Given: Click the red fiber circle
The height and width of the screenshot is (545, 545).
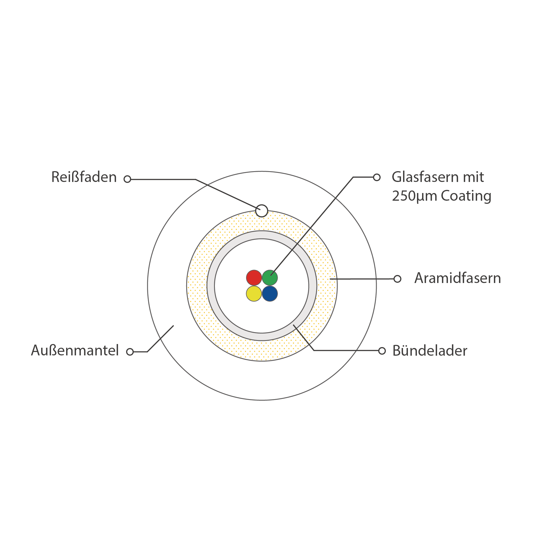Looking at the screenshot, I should click(x=254, y=278).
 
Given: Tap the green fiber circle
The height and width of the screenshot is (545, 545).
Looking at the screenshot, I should click(x=270, y=278).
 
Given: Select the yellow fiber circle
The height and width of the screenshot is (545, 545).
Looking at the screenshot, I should click(x=254, y=294).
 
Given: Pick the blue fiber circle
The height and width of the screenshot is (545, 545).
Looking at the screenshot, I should click(x=270, y=294).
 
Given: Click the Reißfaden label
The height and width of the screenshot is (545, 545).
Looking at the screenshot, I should click(x=84, y=177).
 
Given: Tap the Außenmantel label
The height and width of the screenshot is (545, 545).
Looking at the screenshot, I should click(x=75, y=350).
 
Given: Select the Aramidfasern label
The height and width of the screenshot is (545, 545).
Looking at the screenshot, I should click(x=458, y=278).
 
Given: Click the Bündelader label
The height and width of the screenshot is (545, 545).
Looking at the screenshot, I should click(x=430, y=351).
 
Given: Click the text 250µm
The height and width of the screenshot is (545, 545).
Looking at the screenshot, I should click(x=414, y=196).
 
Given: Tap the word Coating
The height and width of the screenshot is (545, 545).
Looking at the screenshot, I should click(x=466, y=196).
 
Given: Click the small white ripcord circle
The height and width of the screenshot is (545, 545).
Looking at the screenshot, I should click(x=261, y=211).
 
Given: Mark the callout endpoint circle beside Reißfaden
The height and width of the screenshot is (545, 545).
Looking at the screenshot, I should click(x=127, y=179).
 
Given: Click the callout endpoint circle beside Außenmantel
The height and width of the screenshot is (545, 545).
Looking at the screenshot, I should click(x=130, y=352).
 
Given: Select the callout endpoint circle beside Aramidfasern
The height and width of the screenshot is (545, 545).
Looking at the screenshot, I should click(x=397, y=279).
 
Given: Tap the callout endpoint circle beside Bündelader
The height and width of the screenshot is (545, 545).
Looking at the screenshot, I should click(x=382, y=351).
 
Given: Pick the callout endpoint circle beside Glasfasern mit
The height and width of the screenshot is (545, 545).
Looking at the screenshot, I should click(x=377, y=177).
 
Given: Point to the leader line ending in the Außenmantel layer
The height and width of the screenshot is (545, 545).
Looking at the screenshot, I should click(x=161, y=339).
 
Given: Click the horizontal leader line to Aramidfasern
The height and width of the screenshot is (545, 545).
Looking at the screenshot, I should click(x=363, y=279).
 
